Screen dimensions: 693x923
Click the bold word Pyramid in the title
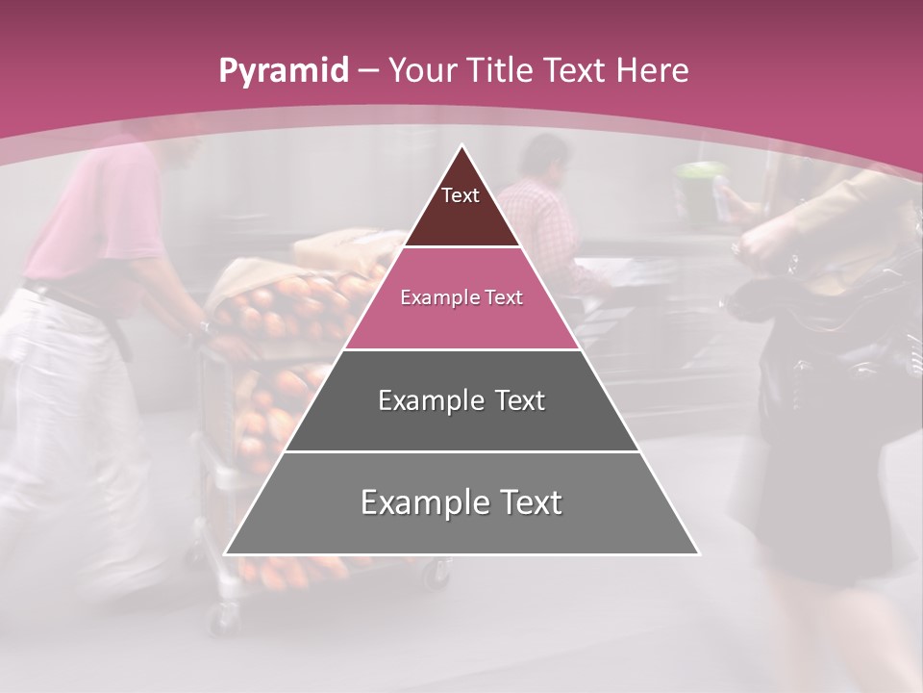point(283,70)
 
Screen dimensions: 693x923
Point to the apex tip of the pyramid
point(461,146)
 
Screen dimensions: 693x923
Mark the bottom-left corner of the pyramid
point(226,553)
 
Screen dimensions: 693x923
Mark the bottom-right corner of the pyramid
point(698,553)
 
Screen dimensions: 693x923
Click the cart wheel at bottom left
point(223,620)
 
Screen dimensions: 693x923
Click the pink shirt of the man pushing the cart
point(96,212)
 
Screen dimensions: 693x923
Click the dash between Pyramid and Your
point(368,71)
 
